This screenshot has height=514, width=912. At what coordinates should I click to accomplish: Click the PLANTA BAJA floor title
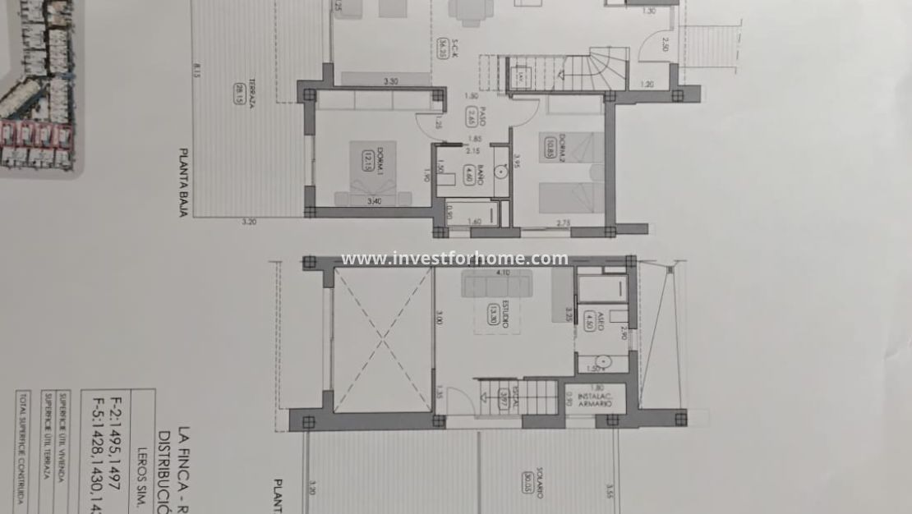pyautogui.click(x=183, y=185)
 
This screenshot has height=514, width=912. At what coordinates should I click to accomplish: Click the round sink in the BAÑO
pyautogui.click(x=498, y=174)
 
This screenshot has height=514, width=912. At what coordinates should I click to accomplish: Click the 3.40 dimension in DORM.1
pyautogui.click(x=375, y=201)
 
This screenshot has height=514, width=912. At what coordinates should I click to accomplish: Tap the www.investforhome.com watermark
pyautogui.click(x=454, y=259)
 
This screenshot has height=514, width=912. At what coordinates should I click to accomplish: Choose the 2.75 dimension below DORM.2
pyautogui.click(x=564, y=223)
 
